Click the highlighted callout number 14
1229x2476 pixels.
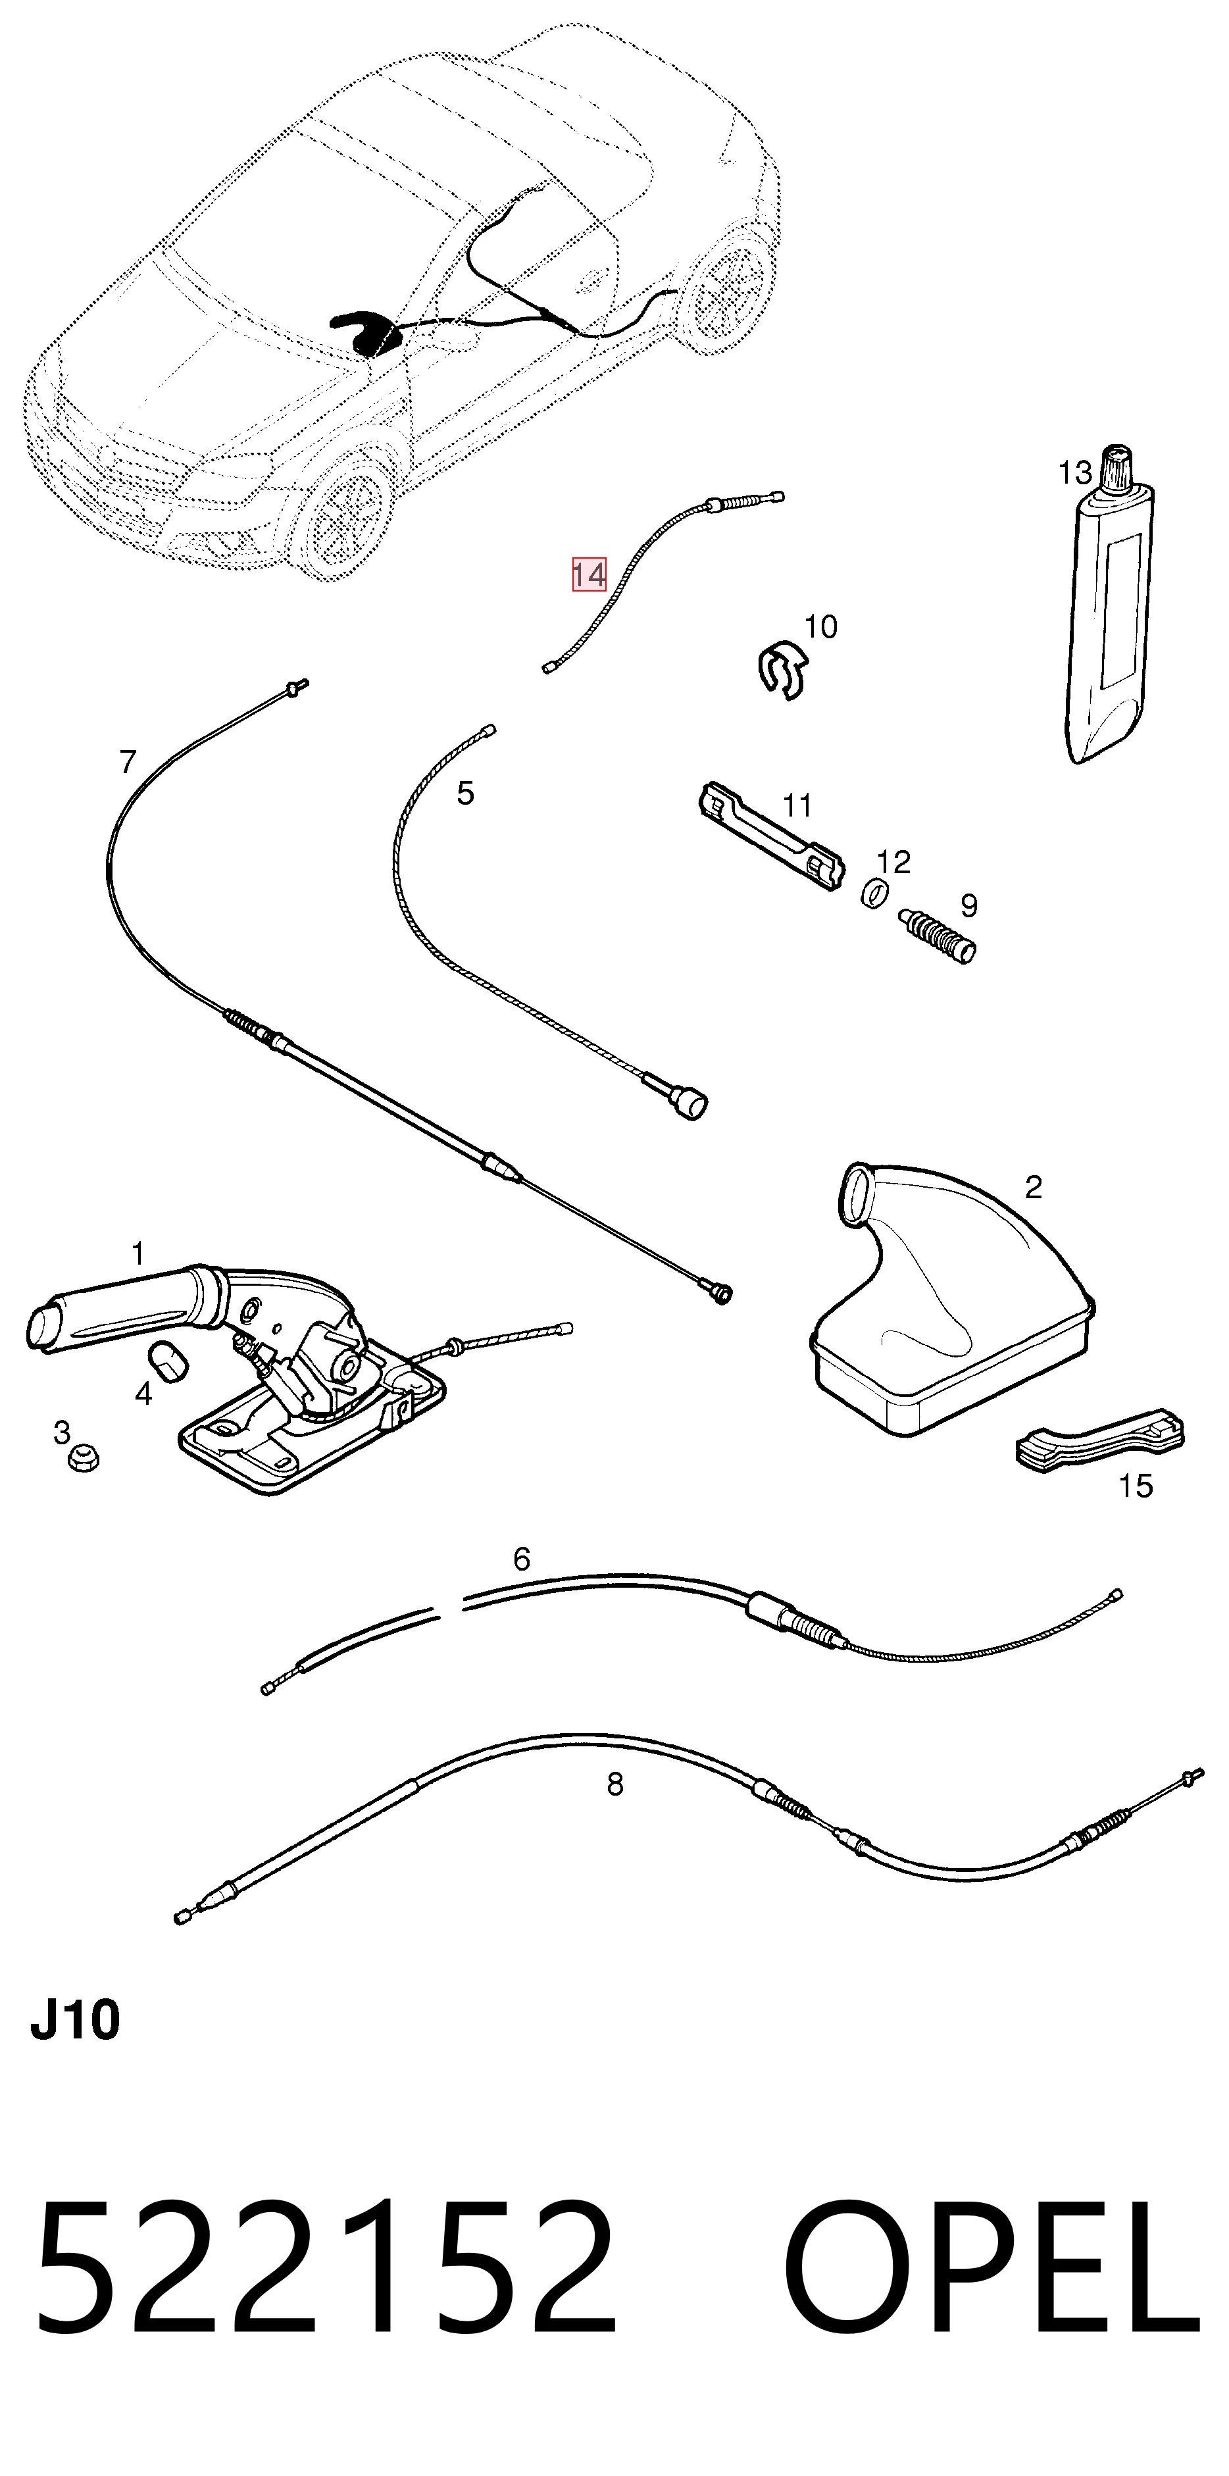(589, 575)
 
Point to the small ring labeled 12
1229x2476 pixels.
(872, 893)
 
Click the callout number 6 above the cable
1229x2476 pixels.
(522, 1558)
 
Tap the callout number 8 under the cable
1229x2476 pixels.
(615, 1784)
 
